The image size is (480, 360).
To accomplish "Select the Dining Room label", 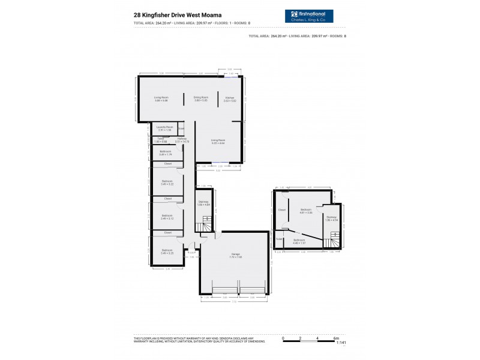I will [200, 98].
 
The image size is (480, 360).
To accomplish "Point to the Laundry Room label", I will [164, 128].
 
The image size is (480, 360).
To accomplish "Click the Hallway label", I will [182, 140].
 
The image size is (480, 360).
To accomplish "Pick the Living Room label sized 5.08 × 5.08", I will [161, 98].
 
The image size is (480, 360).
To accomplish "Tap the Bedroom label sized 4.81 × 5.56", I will [307, 211].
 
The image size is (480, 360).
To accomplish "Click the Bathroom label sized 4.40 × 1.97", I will [299, 241].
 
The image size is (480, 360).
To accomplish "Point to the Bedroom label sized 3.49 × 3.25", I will [167, 251].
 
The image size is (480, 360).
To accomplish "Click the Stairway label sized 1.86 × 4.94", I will [332, 218].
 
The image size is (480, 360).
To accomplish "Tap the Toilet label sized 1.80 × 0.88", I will [161, 140].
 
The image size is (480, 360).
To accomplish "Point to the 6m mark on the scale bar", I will [334, 338].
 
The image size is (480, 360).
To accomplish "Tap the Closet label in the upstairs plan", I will [282, 210].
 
